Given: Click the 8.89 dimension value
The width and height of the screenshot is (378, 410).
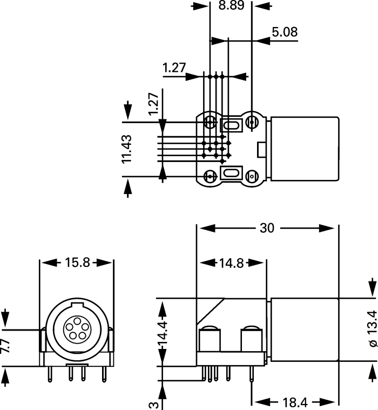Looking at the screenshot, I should (232, 6).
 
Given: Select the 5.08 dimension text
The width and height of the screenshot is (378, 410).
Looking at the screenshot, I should (285, 32).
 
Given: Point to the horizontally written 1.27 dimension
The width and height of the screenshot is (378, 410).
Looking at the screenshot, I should (174, 68).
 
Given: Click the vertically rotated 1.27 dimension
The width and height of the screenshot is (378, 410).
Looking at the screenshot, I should (153, 104).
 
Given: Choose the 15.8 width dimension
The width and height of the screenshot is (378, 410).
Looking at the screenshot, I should (77, 263).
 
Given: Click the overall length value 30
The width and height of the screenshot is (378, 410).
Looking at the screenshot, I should (266, 228).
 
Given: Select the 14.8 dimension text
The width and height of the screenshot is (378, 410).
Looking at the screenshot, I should (232, 264).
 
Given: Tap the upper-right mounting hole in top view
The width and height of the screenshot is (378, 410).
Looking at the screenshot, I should (252, 123).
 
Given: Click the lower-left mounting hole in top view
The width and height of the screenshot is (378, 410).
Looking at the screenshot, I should (209, 176).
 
